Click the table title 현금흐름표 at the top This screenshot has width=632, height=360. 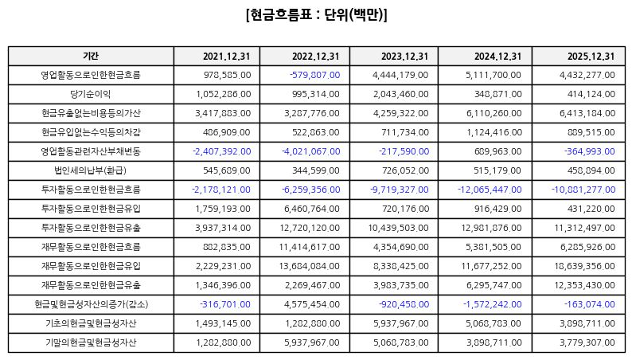point(281,15)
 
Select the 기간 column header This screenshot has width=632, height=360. point(91,56)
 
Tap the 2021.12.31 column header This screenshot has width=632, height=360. point(227,57)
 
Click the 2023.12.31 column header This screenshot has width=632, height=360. point(404,57)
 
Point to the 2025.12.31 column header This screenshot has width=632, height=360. point(591,57)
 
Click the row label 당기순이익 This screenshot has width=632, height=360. point(91,94)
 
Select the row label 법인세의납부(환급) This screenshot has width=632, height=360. point(91,170)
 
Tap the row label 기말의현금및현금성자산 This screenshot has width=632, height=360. point(91,342)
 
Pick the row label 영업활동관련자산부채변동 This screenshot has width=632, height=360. point(91,151)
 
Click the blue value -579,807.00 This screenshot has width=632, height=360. point(314,75)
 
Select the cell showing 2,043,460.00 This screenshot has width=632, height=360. point(400,94)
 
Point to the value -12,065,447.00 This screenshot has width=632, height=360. point(490,190)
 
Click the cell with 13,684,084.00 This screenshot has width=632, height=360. point(310,267)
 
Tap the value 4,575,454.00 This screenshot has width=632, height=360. point(312,304)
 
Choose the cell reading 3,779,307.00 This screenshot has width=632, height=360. point(587,342)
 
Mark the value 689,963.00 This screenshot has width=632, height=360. point(498,151)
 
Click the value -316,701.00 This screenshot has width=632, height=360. point(225,304)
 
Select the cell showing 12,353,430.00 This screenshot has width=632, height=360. point(585,285)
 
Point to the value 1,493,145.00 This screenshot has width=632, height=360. point(224,323)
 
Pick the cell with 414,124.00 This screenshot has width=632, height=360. point(591,94)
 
